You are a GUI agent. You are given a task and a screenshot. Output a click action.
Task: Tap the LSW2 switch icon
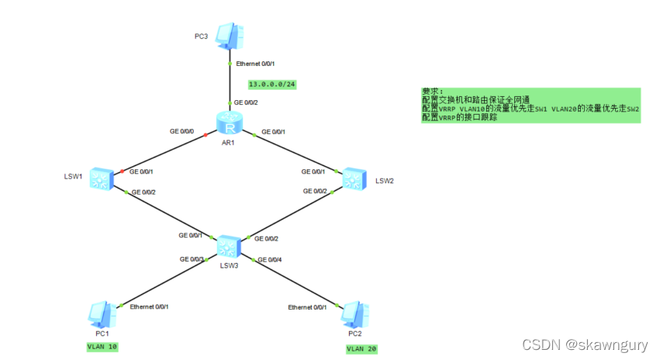coord(355,178)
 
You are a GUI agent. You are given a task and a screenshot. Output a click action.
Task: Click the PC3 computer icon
coord(229,35)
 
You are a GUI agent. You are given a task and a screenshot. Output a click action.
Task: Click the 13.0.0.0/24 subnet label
coord(271,83)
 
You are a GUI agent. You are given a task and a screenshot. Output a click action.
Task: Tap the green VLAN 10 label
coord(102,347)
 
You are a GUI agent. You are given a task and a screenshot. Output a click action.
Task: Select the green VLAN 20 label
coord(361,349)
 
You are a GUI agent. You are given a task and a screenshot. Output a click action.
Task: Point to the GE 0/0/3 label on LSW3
coord(192,259)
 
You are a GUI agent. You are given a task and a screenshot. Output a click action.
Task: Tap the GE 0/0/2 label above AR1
coord(246,102)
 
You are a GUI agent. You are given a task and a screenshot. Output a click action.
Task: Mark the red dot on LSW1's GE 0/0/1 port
coord(122,171)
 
